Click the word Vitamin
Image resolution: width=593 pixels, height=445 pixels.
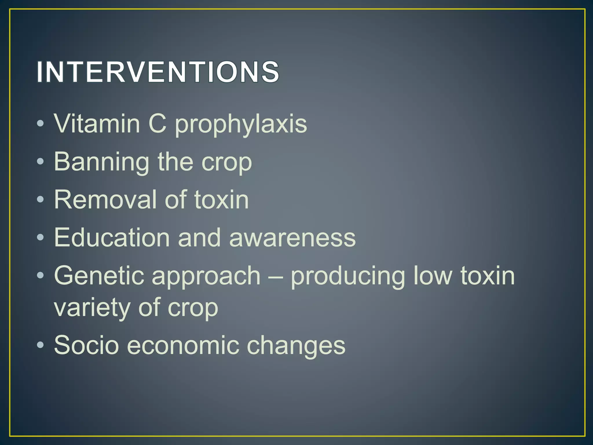click(x=97, y=124)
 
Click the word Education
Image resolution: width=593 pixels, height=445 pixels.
click(x=112, y=238)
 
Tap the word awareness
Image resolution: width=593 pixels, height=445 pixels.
click(x=292, y=238)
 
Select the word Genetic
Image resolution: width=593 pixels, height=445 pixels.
click(x=99, y=276)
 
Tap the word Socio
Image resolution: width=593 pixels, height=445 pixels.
click(x=86, y=345)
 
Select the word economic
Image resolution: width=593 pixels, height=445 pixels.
click(x=183, y=345)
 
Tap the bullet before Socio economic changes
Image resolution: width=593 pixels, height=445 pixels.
click(x=41, y=345)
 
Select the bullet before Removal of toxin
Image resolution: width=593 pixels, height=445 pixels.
click(x=41, y=199)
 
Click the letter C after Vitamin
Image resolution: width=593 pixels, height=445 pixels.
click(x=158, y=124)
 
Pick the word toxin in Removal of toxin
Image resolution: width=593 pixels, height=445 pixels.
click(x=221, y=199)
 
